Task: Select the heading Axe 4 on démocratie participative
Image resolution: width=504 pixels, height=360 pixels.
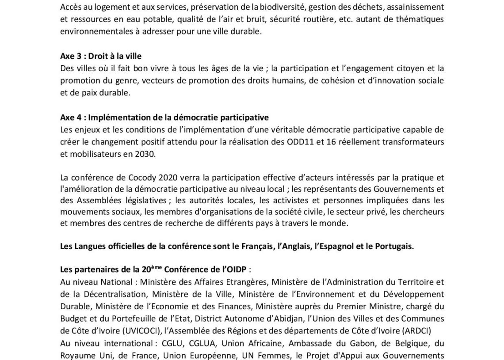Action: pos(164,118)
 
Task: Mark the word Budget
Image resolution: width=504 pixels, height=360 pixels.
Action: pos(73,318)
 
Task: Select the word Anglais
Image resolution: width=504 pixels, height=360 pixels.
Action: pos(293,246)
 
